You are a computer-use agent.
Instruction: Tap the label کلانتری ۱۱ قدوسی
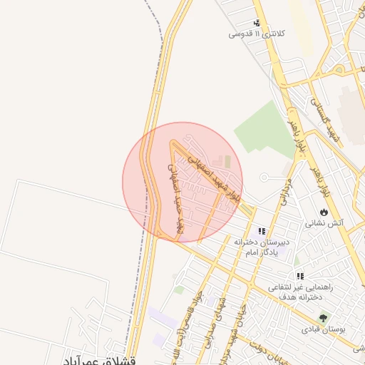click(x=257, y=34)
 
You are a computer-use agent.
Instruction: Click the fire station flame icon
click(x=324, y=212)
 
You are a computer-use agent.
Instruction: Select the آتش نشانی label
click(x=324, y=222)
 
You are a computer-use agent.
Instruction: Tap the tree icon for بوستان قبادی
click(x=324, y=318)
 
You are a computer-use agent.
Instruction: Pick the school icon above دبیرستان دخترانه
click(x=262, y=231)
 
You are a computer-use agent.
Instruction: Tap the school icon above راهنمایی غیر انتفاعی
click(x=300, y=275)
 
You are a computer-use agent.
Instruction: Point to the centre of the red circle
click(x=182, y=182)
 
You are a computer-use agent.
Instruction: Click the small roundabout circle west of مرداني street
click(x=264, y=177)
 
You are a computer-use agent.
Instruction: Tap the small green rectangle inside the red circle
click(x=228, y=163)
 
